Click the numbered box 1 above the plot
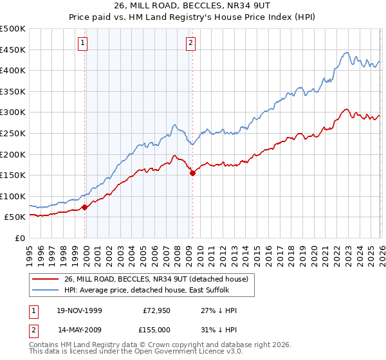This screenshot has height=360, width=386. click(84, 44)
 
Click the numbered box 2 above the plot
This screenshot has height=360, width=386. click(191, 44)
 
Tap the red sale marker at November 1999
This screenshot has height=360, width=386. click(85, 208)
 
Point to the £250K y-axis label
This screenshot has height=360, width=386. click(13, 133)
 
